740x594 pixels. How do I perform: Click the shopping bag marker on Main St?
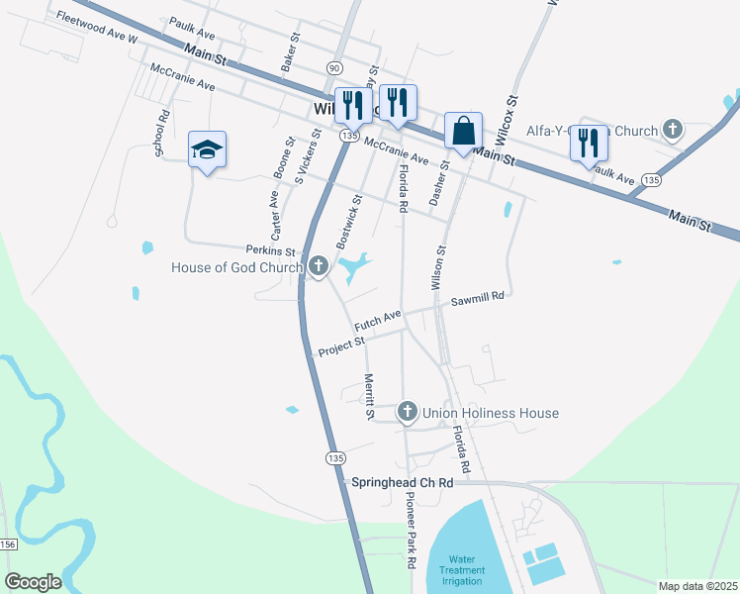[463, 131]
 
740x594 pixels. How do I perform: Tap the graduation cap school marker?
[208, 150]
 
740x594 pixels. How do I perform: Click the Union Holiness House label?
[492, 413]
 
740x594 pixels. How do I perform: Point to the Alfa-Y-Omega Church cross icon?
[673, 130]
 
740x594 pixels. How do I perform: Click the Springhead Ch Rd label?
[403, 482]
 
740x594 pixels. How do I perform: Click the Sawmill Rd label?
[478, 297]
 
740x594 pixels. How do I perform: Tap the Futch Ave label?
[378, 319]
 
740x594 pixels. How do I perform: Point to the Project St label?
[342, 346]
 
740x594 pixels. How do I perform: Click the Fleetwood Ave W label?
[96, 26]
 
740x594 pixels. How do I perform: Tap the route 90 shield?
[334, 66]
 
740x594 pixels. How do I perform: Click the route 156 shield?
[8, 544]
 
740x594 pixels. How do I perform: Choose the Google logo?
[33, 581]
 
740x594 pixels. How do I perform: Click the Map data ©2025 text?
[697, 586]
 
